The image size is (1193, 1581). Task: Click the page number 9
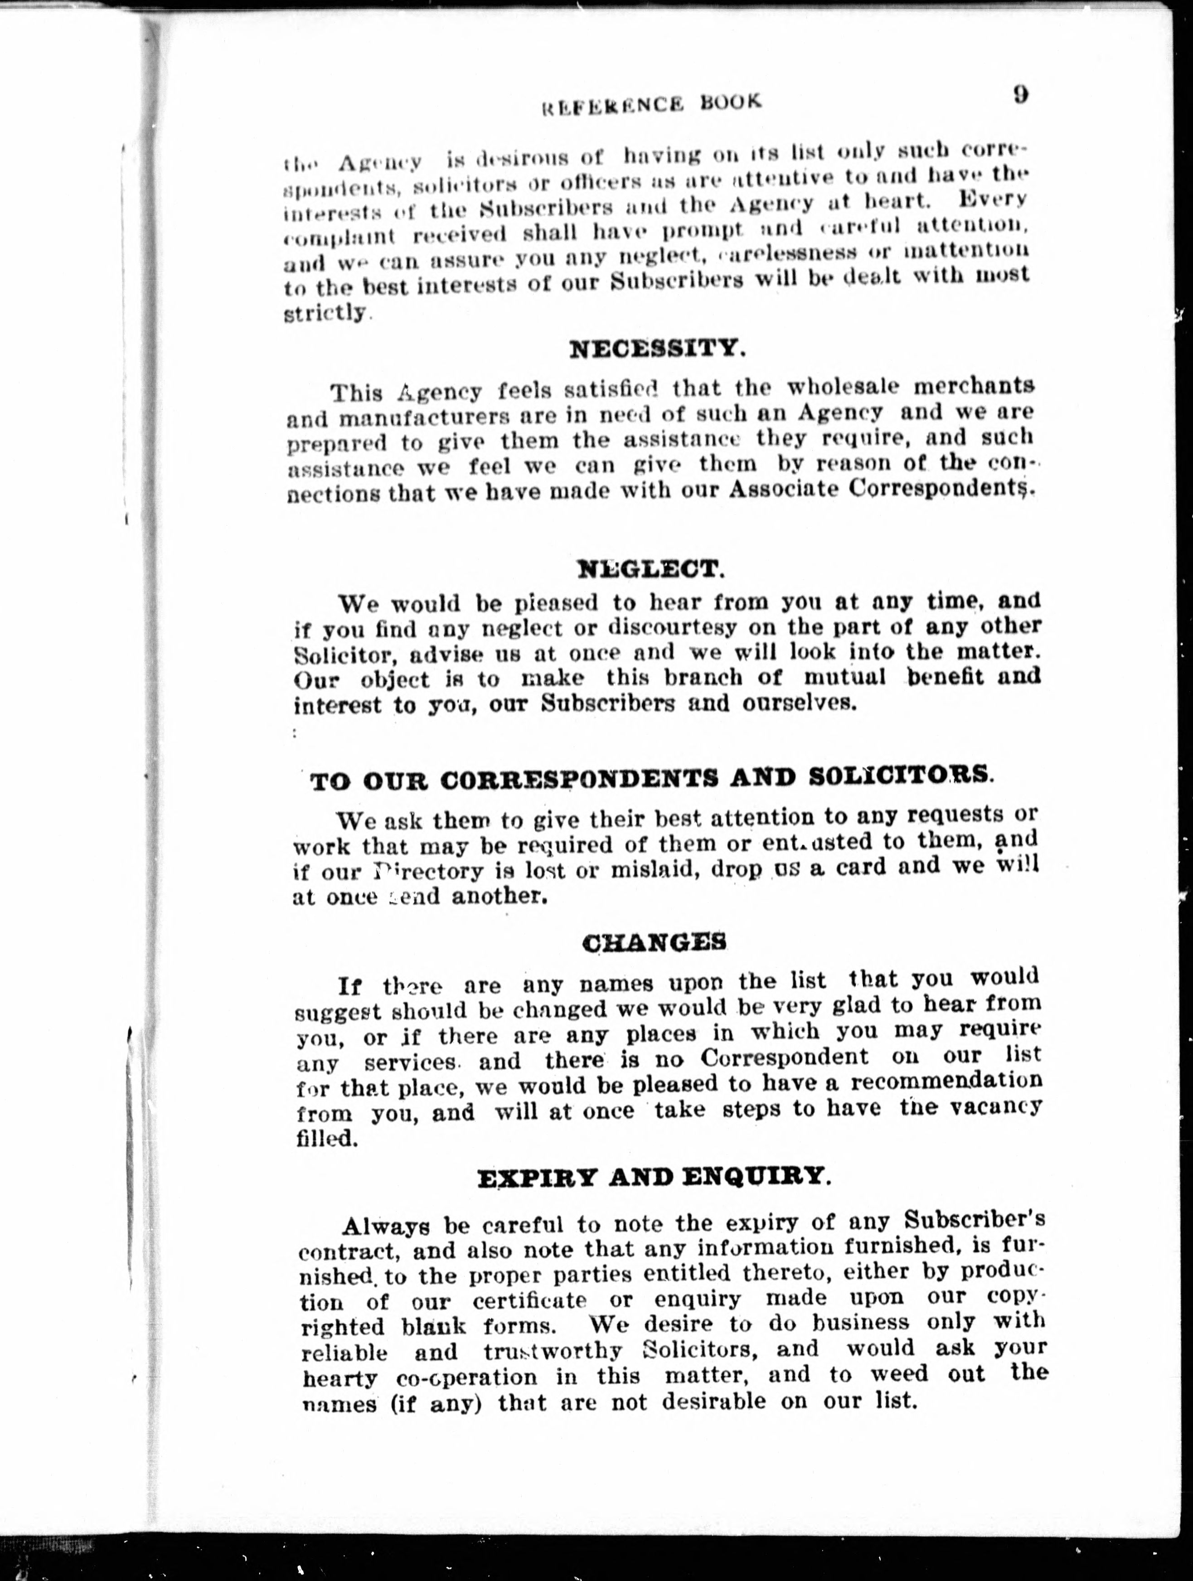pos(1020,95)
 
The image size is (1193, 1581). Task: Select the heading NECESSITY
pos(657,349)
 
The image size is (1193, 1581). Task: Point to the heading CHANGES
pos(654,943)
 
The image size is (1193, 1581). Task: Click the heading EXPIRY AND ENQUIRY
pos(653,1177)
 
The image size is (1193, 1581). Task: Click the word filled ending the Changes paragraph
pos(326,1137)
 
